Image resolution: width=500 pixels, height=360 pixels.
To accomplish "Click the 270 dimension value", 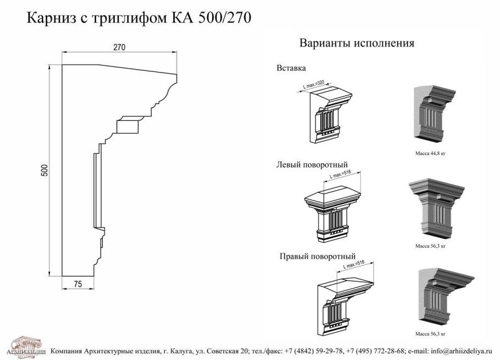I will point(119,47).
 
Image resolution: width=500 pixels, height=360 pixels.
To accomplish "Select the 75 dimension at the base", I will point(77,284).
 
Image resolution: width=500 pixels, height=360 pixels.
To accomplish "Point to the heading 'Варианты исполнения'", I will point(356,43).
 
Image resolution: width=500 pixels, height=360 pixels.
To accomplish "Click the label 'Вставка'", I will point(291,68).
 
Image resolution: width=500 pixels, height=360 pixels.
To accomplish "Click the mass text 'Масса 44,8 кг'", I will point(430,154).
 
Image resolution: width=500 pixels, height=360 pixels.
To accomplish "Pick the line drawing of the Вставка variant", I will point(329,116).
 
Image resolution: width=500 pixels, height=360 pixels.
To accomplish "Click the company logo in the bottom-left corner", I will point(25,346).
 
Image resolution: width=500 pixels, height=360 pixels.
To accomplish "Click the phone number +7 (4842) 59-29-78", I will point(314,350).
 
